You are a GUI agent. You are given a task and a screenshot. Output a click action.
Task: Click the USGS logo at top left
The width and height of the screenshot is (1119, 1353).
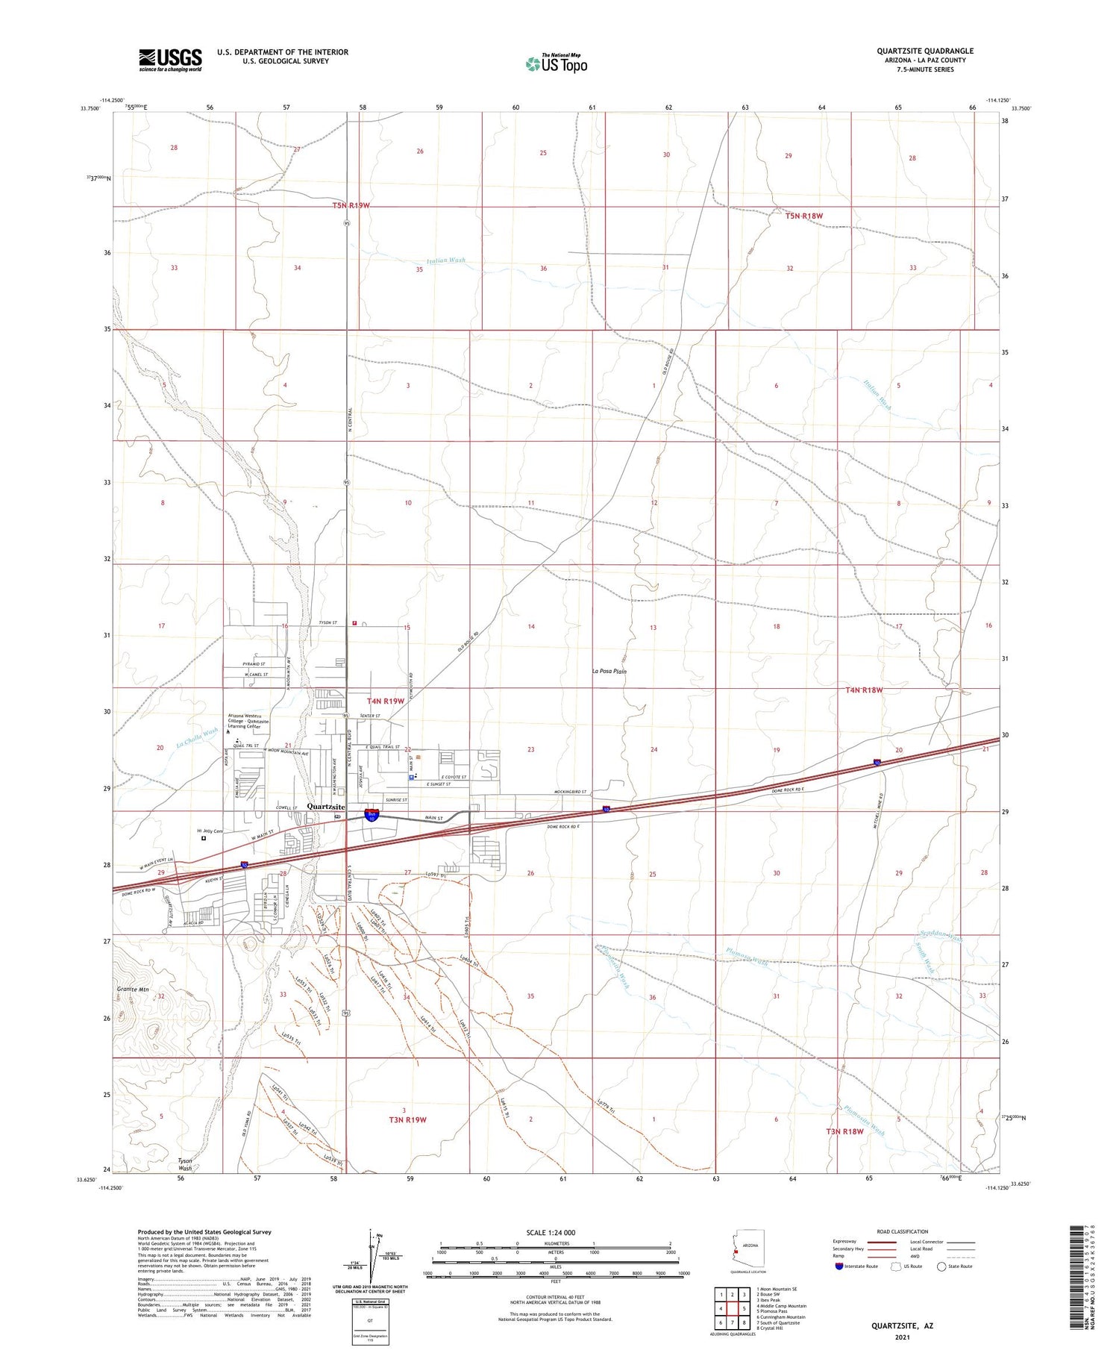coord(170,60)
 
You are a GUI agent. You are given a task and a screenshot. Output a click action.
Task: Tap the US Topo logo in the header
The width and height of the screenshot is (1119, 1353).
coord(557,63)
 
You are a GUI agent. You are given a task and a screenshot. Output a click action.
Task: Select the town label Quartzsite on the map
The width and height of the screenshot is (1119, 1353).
coord(326,807)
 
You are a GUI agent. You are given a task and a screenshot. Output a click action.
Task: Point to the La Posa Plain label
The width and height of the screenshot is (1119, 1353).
coord(609,671)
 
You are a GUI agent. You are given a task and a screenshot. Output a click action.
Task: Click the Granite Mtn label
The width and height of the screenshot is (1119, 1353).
coord(134,990)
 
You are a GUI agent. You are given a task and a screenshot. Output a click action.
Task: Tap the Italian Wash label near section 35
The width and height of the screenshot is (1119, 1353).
coord(446,260)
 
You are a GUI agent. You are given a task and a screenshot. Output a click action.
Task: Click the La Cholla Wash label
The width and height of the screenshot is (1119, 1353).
coord(197,737)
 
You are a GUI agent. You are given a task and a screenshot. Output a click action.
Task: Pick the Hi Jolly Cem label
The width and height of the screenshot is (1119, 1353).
coord(210,831)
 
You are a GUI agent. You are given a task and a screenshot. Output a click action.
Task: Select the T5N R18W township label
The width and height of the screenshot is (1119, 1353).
coord(803,216)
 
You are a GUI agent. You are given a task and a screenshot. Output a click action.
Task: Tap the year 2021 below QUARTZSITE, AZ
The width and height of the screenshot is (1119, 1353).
coord(903,1336)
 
